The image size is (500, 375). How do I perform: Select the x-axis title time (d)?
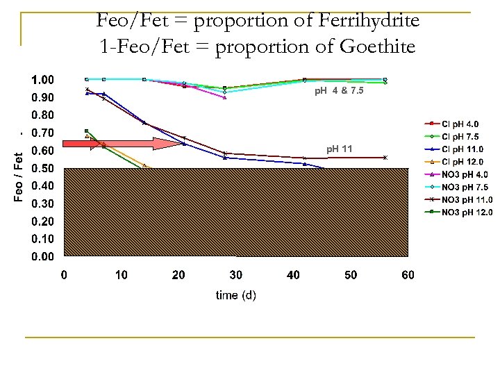point(236,295)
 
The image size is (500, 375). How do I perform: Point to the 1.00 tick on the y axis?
point(46,79)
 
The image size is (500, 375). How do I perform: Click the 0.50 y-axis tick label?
point(46,168)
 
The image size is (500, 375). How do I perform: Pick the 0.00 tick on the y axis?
point(46,256)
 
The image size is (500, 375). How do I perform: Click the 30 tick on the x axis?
point(236,275)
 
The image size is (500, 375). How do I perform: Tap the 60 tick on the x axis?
point(408,275)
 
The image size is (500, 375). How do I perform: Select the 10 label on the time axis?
point(122,275)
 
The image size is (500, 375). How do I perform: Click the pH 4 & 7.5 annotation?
point(338,91)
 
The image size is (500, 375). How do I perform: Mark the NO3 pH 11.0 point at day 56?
point(385,158)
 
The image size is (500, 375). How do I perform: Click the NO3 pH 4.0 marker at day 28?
point(225,98)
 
